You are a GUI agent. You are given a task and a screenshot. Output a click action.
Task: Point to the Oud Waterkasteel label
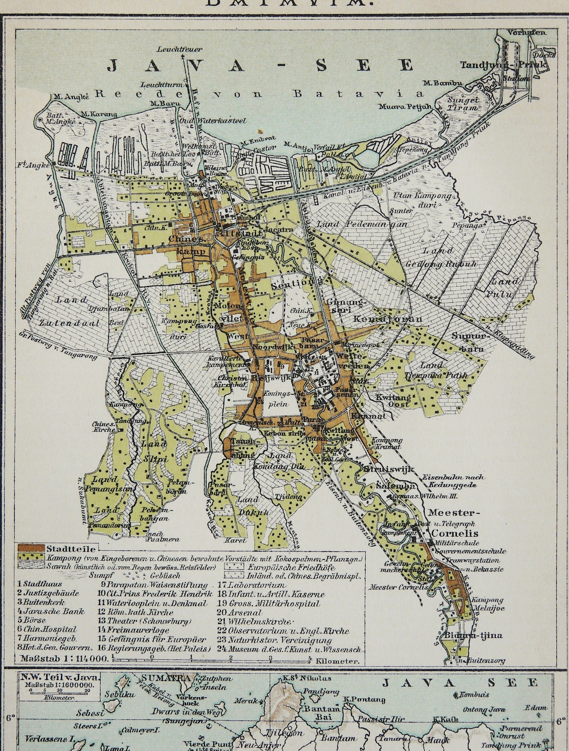[x=217, y=121]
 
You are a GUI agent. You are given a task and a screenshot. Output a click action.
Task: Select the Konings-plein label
[x=277, y=399]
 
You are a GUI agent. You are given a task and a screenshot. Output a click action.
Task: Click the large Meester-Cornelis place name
[x=453, y=521]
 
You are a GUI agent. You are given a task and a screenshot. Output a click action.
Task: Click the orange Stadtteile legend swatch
[x=31, y=548]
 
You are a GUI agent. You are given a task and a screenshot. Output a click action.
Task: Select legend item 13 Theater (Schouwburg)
[x=144, y=621]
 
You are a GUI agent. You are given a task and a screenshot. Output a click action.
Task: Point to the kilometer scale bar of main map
[x=211, y=658]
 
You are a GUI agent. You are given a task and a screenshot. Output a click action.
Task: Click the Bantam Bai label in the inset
[x=315, y=713]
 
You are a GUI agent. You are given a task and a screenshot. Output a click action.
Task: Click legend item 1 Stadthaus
[x=40, y=584]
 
